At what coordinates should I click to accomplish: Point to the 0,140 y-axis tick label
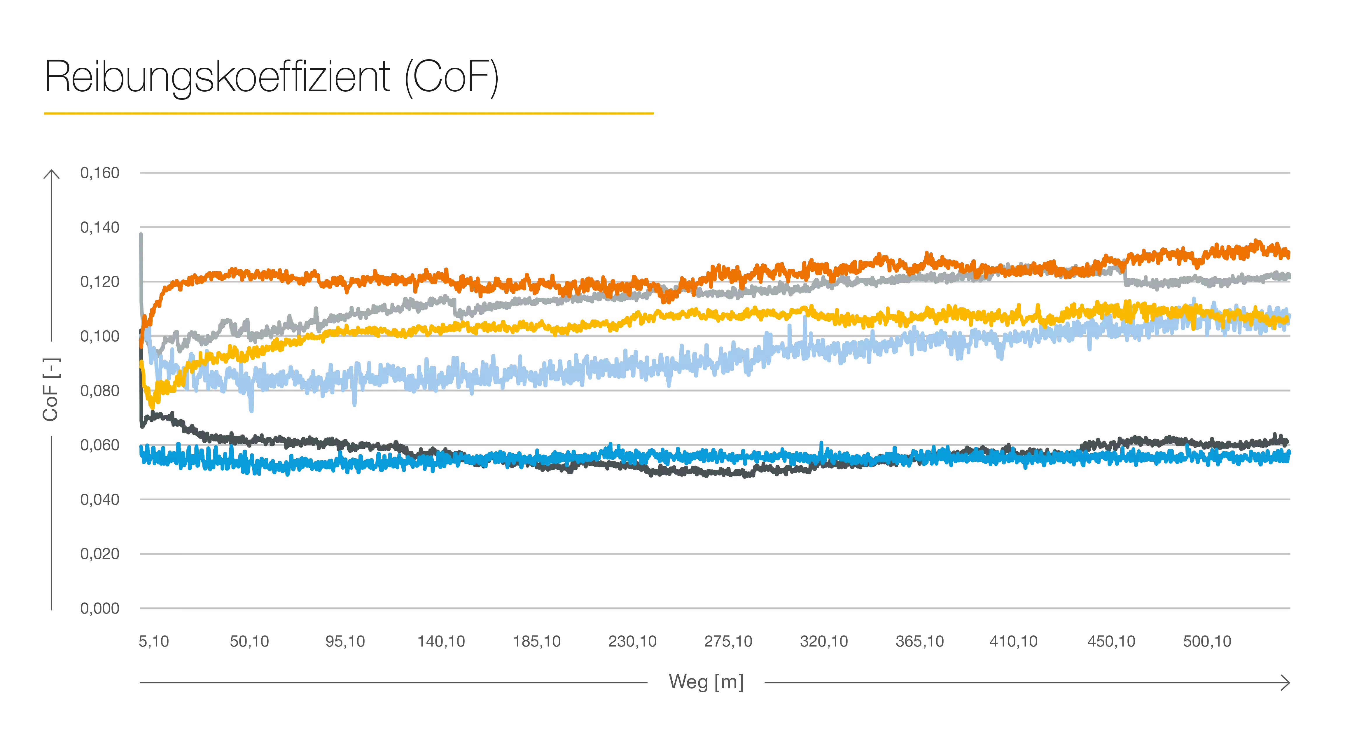[99, 228]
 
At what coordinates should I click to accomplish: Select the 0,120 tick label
[99, 282]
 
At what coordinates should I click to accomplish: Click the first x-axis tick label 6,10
[155, 641]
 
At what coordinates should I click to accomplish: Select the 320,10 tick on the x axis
[825, 641]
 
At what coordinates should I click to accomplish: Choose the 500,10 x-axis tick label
[1207, 641]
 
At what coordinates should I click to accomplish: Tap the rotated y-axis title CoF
[51, 389]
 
